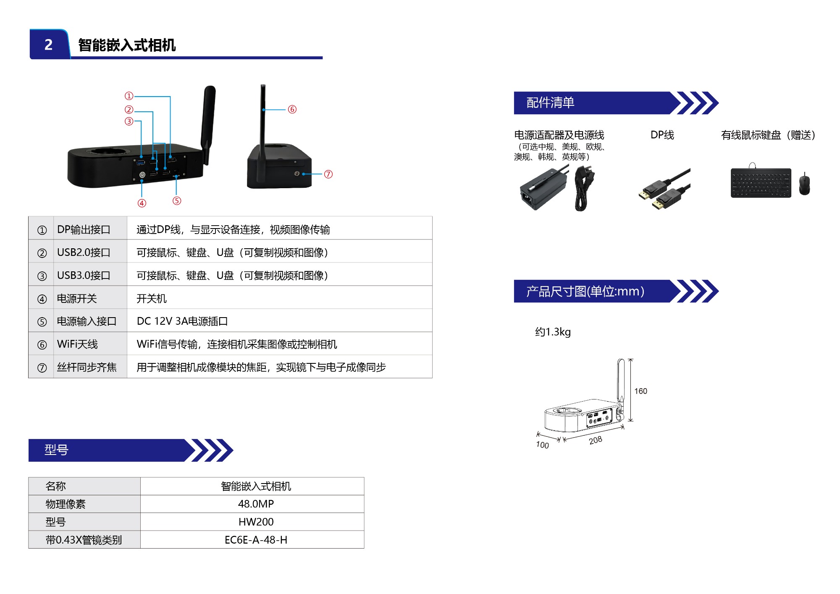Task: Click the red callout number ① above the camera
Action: pos(129,96)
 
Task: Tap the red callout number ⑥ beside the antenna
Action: pos(292,109)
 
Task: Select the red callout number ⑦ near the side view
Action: pos(328,174)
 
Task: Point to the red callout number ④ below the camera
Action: pos(142,203)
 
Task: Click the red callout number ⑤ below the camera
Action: pos(177,201)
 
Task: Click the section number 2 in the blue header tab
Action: pos(49,45)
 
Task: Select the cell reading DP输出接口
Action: pos(84,229)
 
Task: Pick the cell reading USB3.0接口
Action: pos(84,276)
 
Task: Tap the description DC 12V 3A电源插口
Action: pos(182,321)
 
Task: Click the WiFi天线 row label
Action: pos(78,344)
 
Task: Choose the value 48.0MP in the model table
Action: pos(256,504)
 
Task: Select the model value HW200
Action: pos(256,522)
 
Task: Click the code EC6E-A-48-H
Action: pos(256,540)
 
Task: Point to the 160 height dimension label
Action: pos(640,391)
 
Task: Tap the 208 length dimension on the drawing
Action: pos(596,440)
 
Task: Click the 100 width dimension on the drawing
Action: pos(542,445)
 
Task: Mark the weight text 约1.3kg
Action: pos(553,332)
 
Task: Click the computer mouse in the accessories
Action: pos(804,184)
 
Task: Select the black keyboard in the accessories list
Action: pos(761,183)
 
